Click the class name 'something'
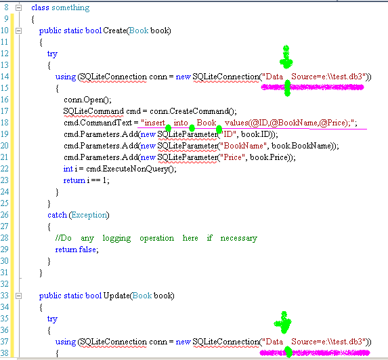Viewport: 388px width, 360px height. click(x=70, y=7)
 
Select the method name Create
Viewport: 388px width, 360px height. click(x=114, y=31)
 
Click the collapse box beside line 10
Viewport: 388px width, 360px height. click(x=18, y=31)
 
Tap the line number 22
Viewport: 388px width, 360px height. click(x=5, y=169)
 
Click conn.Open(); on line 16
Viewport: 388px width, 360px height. click(x=87, y=100)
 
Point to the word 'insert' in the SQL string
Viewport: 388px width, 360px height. click(x=155, y=123)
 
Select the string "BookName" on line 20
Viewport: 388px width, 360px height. click(x=244, y=146)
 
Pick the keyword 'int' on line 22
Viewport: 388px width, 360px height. click(x=68, y=169)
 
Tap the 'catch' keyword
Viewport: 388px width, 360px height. click(x=57, y=215)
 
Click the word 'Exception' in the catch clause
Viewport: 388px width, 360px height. click(x=89, y=215)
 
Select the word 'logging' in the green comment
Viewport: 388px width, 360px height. click(x=116, y=238)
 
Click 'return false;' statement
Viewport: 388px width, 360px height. click(x=77, y=249)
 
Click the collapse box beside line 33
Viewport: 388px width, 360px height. click(x=18, y=296)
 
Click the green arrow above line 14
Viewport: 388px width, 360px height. click(x=286, y=57)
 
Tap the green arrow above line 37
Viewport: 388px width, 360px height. click(x=283, y=322)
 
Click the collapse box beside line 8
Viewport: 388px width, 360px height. click(x=18, y=8)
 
